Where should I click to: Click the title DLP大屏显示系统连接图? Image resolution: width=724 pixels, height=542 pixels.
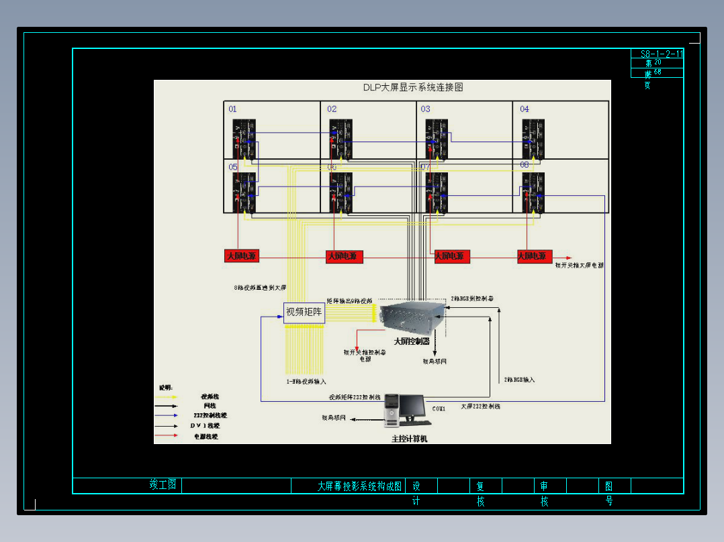(x=413, y=87)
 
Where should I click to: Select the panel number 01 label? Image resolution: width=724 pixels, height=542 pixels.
(x=232, y=109)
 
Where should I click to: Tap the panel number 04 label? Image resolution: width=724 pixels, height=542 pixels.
(x=525, y=109)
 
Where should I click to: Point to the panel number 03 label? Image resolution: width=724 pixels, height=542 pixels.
(x=426, y=109)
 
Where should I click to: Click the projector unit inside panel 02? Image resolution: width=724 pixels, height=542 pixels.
(x=341, y=139)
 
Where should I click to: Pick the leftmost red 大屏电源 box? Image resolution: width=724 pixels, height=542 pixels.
(x=241, y=256)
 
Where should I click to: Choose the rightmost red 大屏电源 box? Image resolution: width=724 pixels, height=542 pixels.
(x=535, y=256)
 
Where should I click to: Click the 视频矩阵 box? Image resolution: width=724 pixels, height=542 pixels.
(x=304, y=312)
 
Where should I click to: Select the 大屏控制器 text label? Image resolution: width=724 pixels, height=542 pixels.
(x=412, y=341)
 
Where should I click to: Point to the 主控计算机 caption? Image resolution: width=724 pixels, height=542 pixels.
(x=410, y=439)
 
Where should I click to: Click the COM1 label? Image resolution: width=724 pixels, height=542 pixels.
(x=439, y=409)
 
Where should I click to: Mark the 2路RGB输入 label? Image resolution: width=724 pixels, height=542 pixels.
(x=519, y=380)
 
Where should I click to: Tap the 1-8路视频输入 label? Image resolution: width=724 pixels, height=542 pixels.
(x=306, y=382)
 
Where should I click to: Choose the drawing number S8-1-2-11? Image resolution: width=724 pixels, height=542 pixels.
(x=662, y=54)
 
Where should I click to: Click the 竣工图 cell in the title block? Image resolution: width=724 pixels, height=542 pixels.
(x=163, y=485)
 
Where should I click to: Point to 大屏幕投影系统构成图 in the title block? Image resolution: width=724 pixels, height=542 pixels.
(x=359, y=486)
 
